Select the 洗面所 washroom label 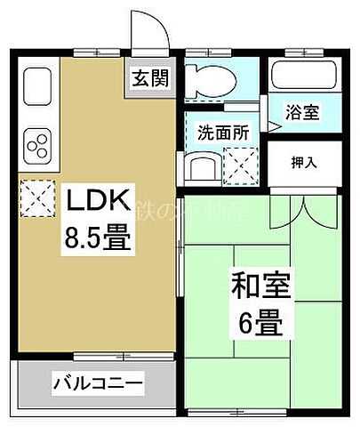(223, 131)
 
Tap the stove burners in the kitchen (39, 142)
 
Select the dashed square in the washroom (241, 164)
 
